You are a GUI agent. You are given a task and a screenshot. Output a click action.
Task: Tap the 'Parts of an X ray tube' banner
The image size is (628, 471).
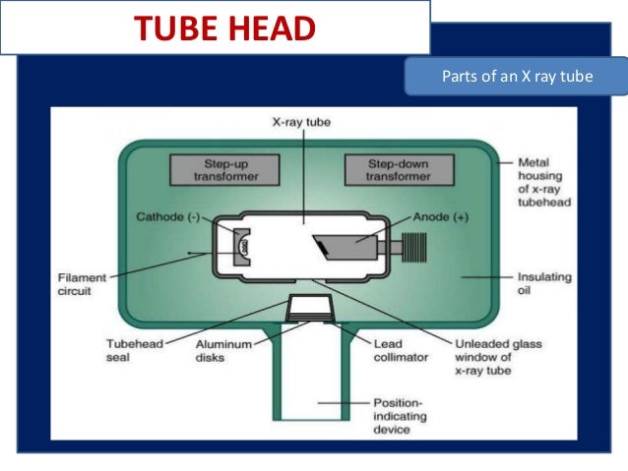(515, 75)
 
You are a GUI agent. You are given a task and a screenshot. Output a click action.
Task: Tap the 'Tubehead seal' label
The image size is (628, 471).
(134, 351)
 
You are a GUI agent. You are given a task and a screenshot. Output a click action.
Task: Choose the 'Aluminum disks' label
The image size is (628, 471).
(223, 351)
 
